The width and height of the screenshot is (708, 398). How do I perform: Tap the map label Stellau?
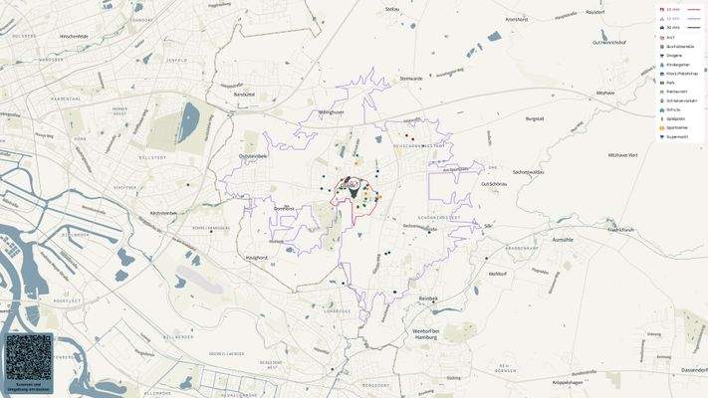(x=391, y=9)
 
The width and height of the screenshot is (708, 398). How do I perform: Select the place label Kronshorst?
(x=516, y=19)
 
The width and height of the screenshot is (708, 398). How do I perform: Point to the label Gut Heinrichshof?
(x=607, y=43)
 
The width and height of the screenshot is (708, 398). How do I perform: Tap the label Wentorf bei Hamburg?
(x=426, y=334)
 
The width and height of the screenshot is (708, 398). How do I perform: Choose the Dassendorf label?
(x=693, y=370)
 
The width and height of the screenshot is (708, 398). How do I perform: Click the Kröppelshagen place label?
(x=568, y=382)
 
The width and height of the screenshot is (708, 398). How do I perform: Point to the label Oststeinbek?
(x=253, y=156)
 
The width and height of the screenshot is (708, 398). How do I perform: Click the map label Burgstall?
(x=535, y=118)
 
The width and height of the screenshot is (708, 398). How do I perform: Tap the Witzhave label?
(x=605, y=93)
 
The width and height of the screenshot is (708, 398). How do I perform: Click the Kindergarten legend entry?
(x=679, y=65)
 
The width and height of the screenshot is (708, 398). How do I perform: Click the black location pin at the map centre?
(x=352, y=183)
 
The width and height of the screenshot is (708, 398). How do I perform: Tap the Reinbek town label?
(x=428, y=298)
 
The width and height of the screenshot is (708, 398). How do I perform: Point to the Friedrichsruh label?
(x=620, y=230)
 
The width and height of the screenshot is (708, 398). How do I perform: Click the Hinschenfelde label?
(x=75, y=35)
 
